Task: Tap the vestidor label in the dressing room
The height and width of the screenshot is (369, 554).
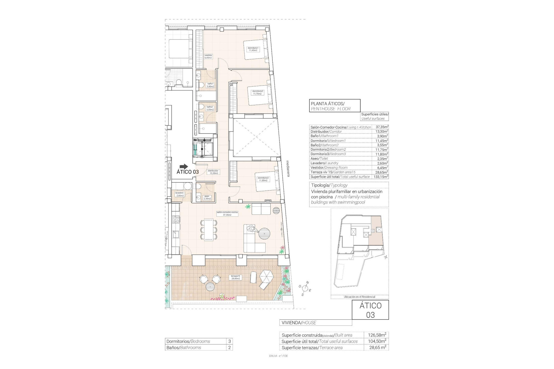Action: [208, 57]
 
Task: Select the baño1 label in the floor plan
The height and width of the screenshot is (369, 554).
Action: [210, 85]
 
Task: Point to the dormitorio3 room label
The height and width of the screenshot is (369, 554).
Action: [263, 179]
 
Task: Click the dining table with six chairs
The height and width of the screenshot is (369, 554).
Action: [208, 229]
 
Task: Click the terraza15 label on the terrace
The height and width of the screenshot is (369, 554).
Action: [235, 277]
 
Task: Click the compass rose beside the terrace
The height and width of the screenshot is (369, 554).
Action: [305, 288]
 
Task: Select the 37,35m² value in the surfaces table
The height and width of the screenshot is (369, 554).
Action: [382, 127]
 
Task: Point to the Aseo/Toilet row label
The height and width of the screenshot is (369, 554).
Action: [319, 159]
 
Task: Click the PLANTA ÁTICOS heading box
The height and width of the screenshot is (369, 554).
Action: [334, 106]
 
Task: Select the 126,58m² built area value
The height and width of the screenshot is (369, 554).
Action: [377, 335]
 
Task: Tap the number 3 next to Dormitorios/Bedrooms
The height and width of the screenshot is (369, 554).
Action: [229, 341]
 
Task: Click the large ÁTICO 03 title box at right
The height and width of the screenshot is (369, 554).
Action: [370, 310]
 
